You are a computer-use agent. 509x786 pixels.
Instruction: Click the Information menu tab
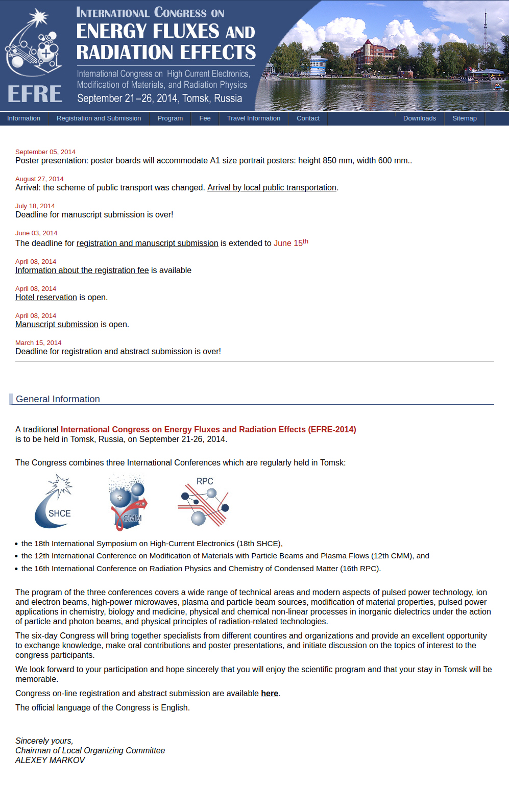23,118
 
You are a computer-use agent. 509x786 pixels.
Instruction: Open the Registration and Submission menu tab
99,118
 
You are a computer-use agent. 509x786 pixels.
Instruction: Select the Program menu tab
170,118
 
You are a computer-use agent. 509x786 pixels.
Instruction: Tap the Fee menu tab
205,118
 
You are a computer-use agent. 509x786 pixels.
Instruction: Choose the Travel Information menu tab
254,118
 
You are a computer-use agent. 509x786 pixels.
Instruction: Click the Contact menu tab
308,118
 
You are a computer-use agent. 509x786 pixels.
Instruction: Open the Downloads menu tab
420,118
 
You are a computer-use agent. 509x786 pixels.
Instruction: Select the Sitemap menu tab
464,118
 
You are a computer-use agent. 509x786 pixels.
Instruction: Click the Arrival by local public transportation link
272,188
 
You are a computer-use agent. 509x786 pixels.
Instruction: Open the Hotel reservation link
46,298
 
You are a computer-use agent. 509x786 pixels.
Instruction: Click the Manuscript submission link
57,325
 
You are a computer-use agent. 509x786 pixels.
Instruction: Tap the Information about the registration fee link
82,271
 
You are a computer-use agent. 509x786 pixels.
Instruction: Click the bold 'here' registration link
270,694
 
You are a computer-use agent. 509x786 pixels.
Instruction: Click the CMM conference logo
128,503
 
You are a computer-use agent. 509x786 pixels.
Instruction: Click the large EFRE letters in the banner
35,94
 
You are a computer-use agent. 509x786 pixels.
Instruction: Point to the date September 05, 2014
45,152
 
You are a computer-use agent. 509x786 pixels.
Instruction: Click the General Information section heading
58,399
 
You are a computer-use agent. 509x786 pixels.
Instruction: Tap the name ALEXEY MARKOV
50,760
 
